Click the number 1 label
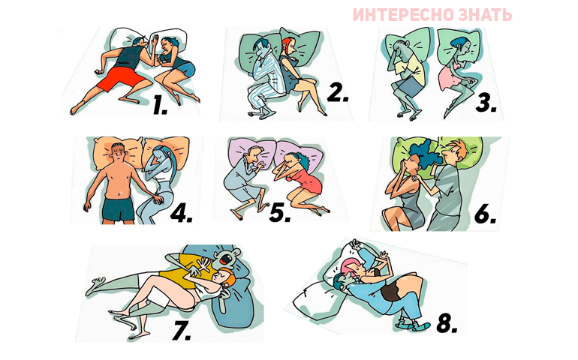(160, 105)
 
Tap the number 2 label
(338, 92)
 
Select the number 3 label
(486, 102)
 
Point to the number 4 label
(181, 212)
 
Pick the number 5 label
(280, 213)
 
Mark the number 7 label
(182, 330)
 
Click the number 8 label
(447, 324)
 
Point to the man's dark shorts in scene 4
(119, 210)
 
